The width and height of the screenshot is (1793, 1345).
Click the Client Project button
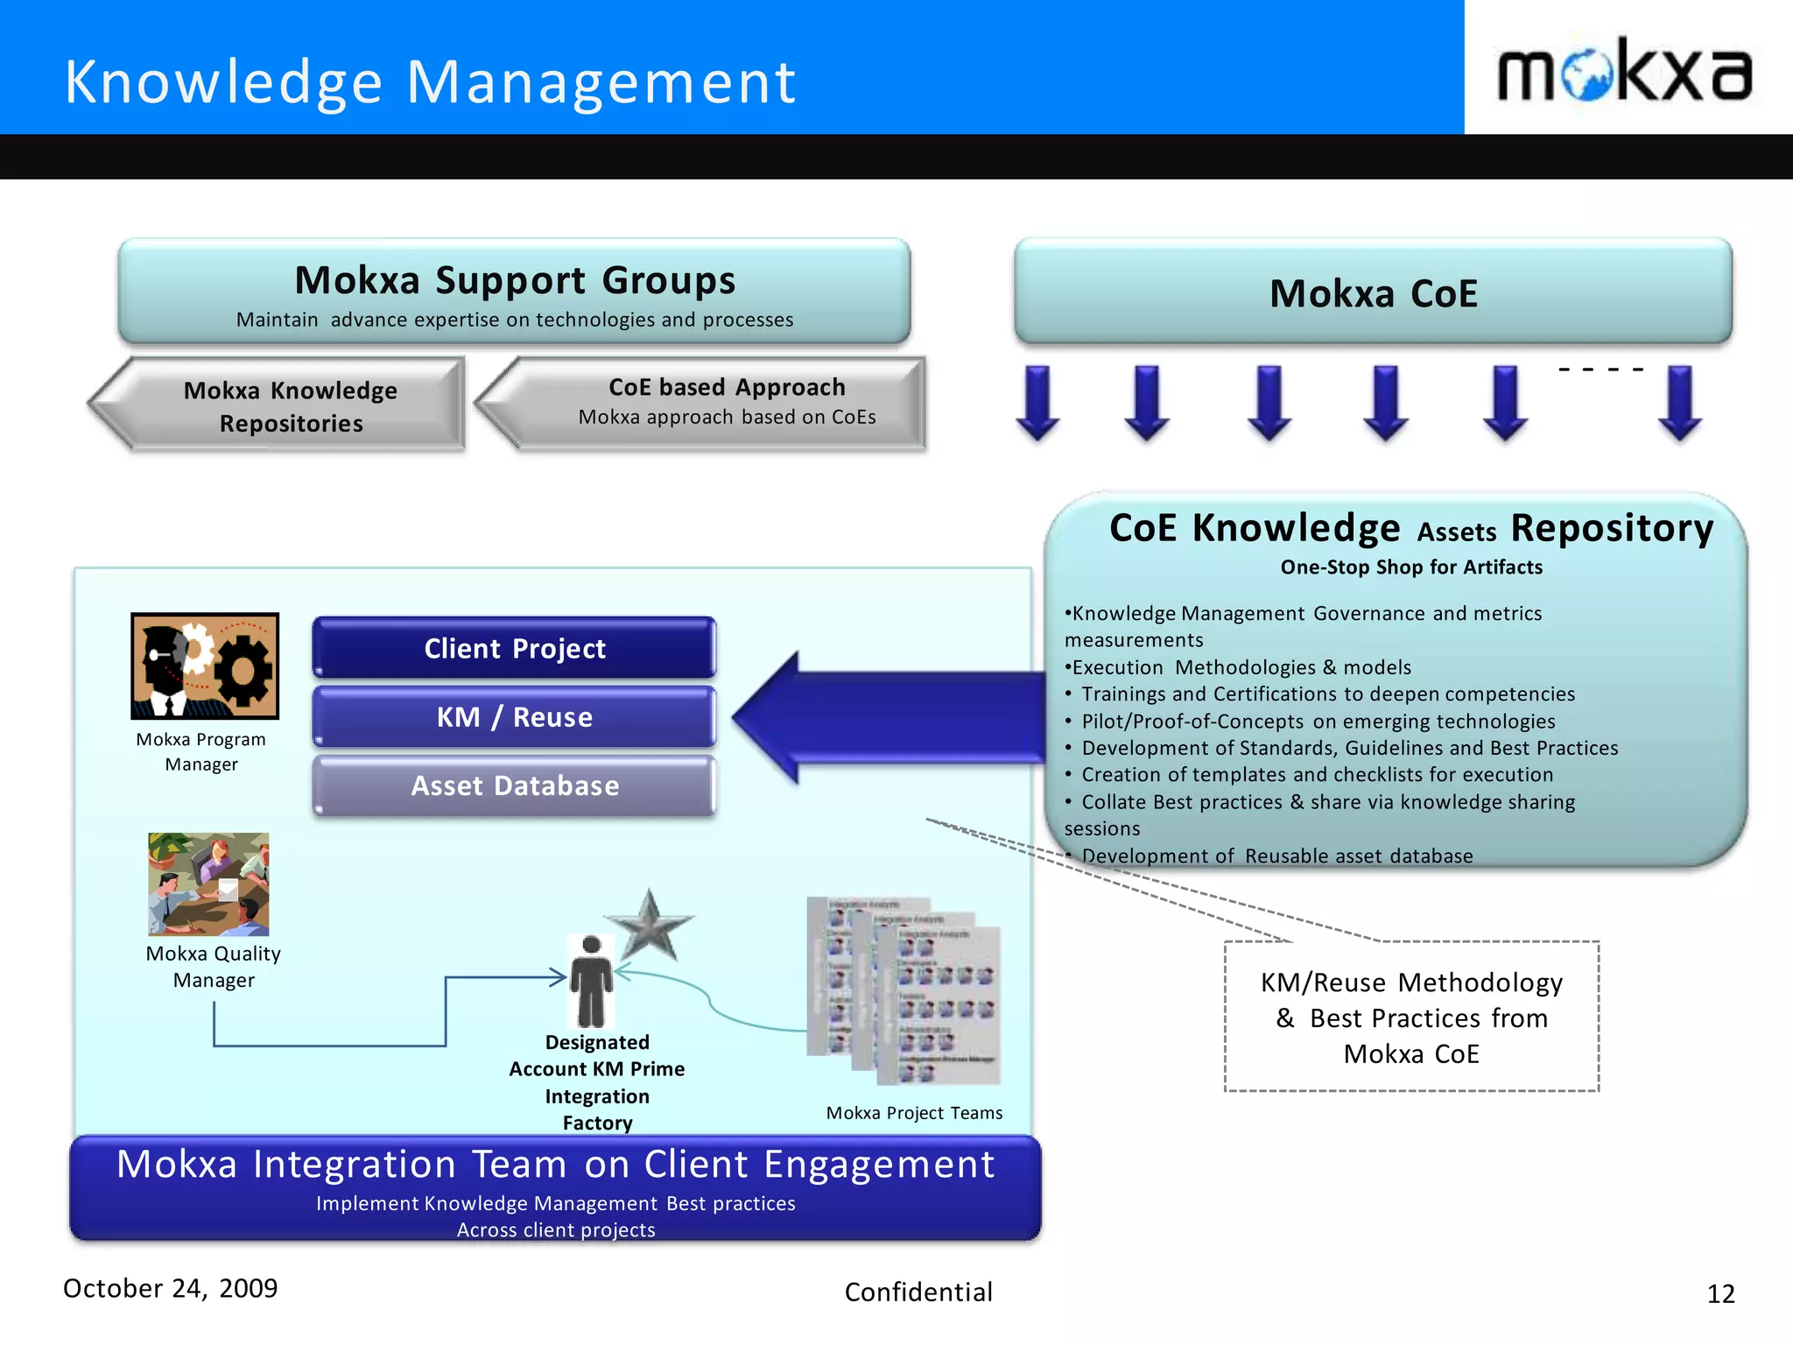click(515, 648)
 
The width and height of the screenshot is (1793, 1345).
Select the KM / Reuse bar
click(515, 717)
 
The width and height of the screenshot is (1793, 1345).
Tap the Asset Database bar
click(515, 785)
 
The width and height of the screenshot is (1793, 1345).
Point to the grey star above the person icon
click(649, 926)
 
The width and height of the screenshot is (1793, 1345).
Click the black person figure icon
click(591, 982)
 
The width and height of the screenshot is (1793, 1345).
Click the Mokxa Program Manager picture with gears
click(205, 665)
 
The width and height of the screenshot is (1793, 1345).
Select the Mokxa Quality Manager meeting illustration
click(208, 884)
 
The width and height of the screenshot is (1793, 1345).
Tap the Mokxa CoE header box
click(1373, 292)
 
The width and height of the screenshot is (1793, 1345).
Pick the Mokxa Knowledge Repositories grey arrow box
click(280, 405)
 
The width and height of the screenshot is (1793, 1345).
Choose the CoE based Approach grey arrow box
click(705, 402)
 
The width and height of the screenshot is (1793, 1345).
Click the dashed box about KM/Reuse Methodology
click(1411, 1017)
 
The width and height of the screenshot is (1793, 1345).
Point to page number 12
click(1720, 1293)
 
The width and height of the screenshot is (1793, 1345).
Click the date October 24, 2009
click(171, 1288)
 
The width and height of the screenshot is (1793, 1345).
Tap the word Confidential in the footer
click(918, 1292)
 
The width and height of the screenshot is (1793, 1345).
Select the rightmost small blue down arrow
click(1679, 403)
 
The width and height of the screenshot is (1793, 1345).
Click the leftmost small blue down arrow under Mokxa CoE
click(1037, 403)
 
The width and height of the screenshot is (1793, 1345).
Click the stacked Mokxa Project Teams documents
click(904, 989)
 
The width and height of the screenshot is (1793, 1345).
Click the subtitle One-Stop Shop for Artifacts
click(1411, 567)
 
